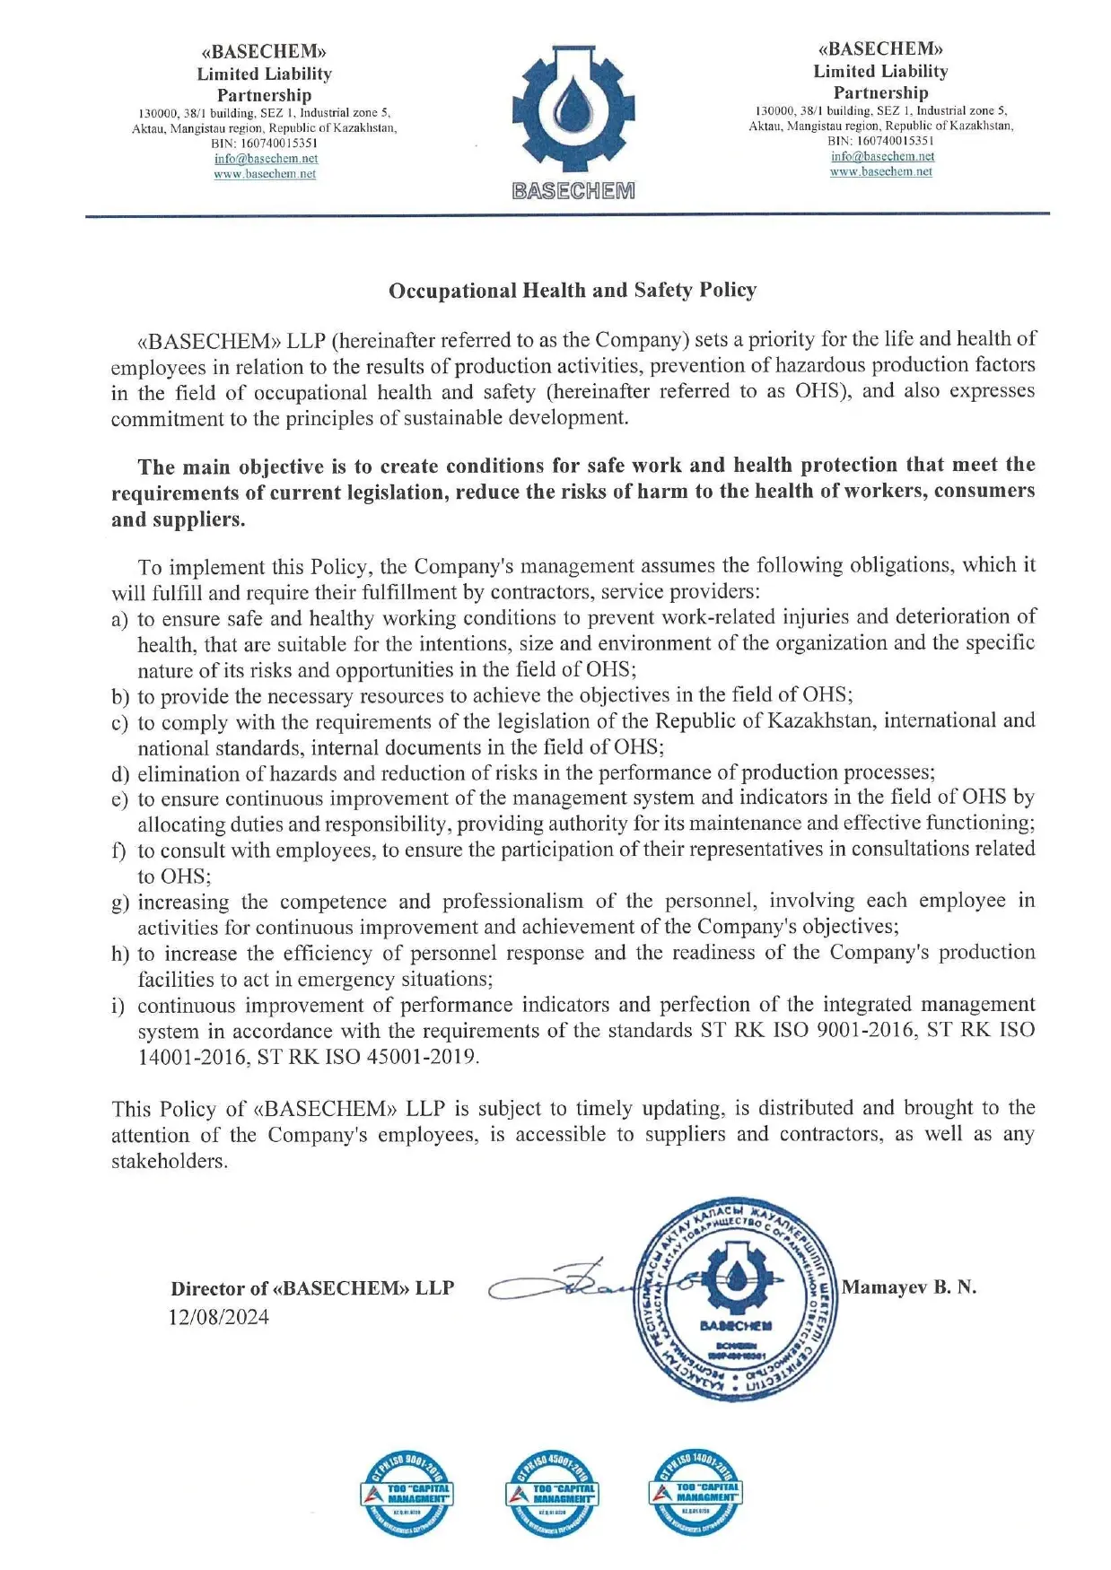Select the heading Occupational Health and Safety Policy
click(572, 290)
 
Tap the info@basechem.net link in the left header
click(266, 159)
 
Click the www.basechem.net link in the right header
click(880, 171)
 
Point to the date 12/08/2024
click(219, 1317)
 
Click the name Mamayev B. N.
click(909, 1287)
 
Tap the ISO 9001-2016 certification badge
click(407, 1494)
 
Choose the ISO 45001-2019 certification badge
click(551, 1494)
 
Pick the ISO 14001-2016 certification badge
click(695, 1492)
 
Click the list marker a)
click(119, 620)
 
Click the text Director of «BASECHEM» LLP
click(312, 1289)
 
